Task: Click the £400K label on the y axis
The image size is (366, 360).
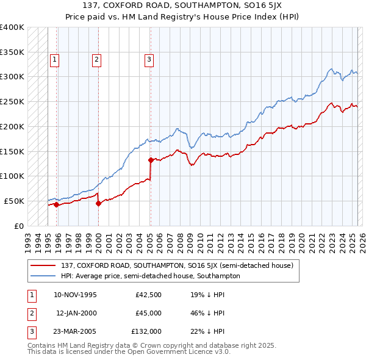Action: point(12,27)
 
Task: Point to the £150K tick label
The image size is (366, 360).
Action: point(12,151)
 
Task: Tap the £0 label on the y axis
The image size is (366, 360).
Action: point(18,226)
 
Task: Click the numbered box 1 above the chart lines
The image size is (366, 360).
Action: point(55,59)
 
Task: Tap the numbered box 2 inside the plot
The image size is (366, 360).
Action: point(97,59)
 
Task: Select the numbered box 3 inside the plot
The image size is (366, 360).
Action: point(149,59)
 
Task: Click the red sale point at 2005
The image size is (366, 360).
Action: point(151,160)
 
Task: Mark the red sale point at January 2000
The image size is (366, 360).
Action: point(98,204)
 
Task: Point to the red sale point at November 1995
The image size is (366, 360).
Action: point(56,205)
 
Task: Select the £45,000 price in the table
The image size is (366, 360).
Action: point(148,313)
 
